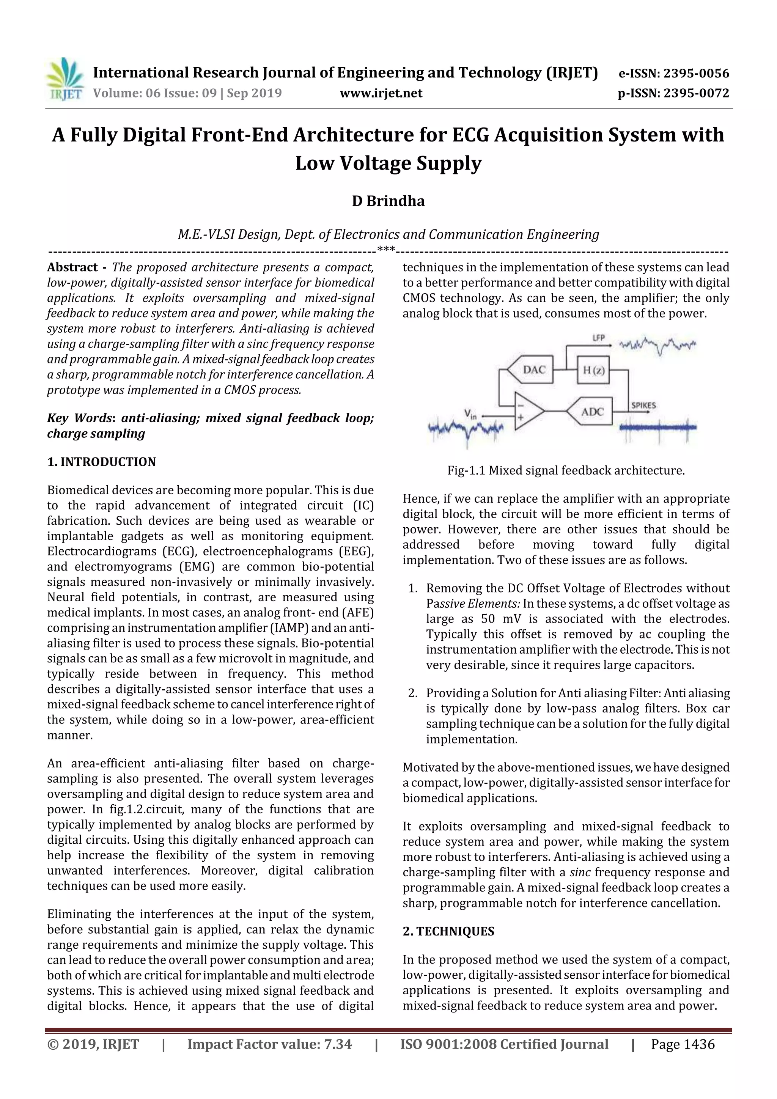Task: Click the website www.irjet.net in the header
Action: pos(381,93)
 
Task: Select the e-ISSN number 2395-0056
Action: pos(673,73)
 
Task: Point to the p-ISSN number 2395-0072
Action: pos(673,93)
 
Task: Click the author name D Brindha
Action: pos(388,201)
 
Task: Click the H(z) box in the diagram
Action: pos(593,369)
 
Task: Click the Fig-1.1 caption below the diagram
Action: pos(566,470)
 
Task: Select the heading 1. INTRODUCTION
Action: pos(102,462)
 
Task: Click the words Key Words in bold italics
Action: pos(79,418)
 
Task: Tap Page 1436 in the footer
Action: pos(682,1044)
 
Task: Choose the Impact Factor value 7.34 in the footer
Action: pos(269,1044)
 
